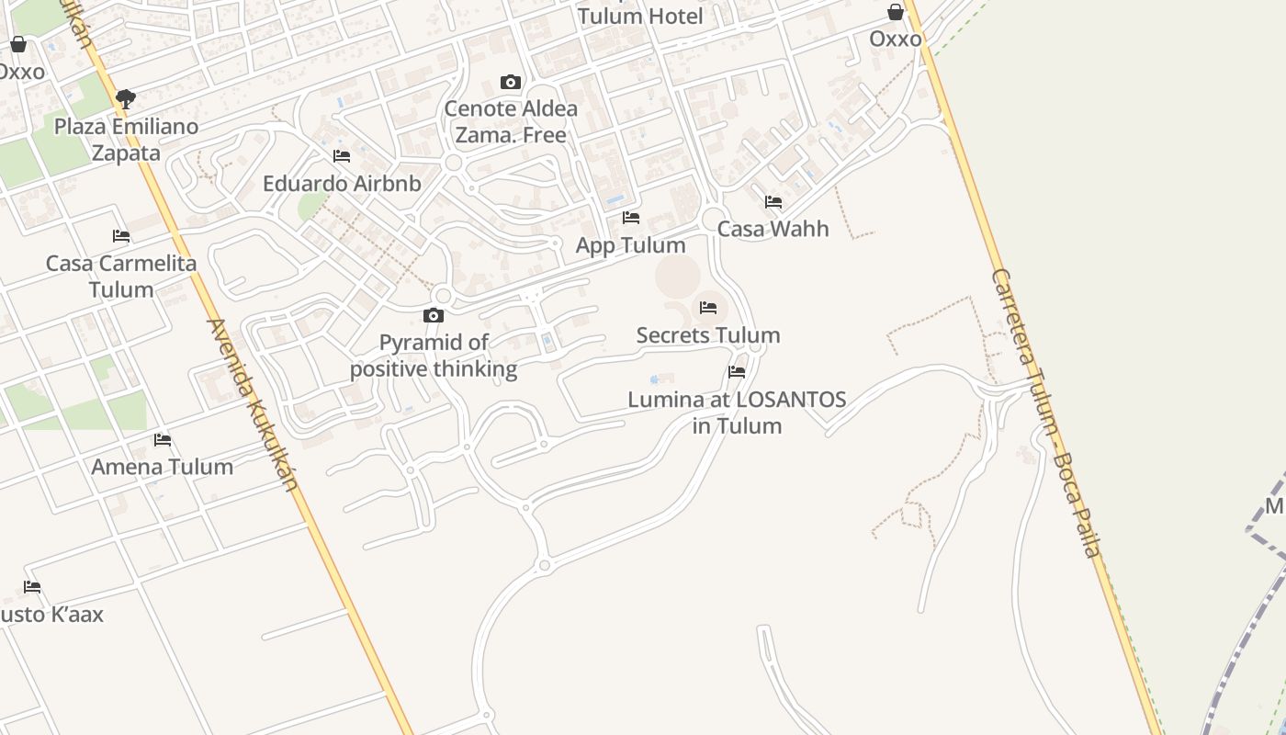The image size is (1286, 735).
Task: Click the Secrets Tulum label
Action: point(708,335)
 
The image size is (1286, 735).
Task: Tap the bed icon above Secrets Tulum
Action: point(708,308)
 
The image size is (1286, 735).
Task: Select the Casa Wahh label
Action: point(773,229)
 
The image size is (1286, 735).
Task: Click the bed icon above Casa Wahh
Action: point(773,202)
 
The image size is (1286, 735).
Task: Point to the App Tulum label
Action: point(630,245)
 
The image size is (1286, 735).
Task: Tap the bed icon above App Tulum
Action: point(631,218)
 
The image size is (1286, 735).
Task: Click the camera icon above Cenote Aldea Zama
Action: point(511,83)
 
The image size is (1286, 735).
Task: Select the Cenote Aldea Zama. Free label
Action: point(511,121)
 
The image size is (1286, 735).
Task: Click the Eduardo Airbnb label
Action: point(342,184)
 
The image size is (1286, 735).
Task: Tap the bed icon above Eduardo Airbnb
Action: point(342,156)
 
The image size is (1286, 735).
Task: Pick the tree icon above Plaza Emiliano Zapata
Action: point(126,98)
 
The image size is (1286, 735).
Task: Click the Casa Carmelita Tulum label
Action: point(121,277)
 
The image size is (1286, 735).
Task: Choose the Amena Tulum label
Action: point(162,467)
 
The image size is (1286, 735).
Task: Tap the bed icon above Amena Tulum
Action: point(163,440)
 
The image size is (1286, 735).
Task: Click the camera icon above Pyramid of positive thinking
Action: point(434,316)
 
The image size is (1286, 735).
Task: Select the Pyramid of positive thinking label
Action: point(434,356)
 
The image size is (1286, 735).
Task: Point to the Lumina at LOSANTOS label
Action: point(737,413)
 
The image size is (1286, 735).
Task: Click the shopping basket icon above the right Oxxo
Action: point(896,12)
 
